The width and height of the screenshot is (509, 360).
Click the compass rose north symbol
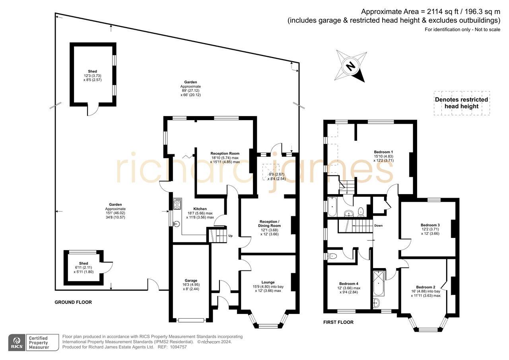pyautogui.click(x=350, y=66)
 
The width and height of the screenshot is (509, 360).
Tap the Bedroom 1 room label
pyautogui.click(x=383, y=152)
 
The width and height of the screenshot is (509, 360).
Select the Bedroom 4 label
pyautogui.click(x=344, y=283)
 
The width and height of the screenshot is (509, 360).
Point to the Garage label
pyautogui.click(x=190, y=280)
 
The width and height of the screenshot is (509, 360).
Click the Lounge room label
pyautogui.click(x=268, y=282)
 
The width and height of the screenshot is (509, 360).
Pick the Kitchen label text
pyautogui.click(x=200, y=209)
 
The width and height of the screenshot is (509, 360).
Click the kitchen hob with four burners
pyautogui.click(x=177, y=204)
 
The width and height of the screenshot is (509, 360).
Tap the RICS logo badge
pyautogui.click(x=17, y=342)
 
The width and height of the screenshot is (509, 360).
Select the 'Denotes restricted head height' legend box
pyautogui.click(x=461, y=103)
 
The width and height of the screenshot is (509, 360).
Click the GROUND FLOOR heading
pyautogui.click(x=73, y=302)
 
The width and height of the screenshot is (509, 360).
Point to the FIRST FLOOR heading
pyautogui.click(x=338, y=322)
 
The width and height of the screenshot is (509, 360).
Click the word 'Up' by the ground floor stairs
pyautogui.click(x=230, y=236)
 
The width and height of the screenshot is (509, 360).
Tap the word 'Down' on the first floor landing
pyautogui.click(x=378, y=226)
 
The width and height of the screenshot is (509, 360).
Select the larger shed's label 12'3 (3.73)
pyautogui.click(x=92, y=76)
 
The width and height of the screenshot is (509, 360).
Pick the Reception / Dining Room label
pyautogui.click(x=269, y=224)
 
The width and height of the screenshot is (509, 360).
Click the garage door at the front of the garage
pyautogui.click(x=192, y=320)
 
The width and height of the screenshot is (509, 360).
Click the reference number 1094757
pyautogui.click(x=178, y=347)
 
